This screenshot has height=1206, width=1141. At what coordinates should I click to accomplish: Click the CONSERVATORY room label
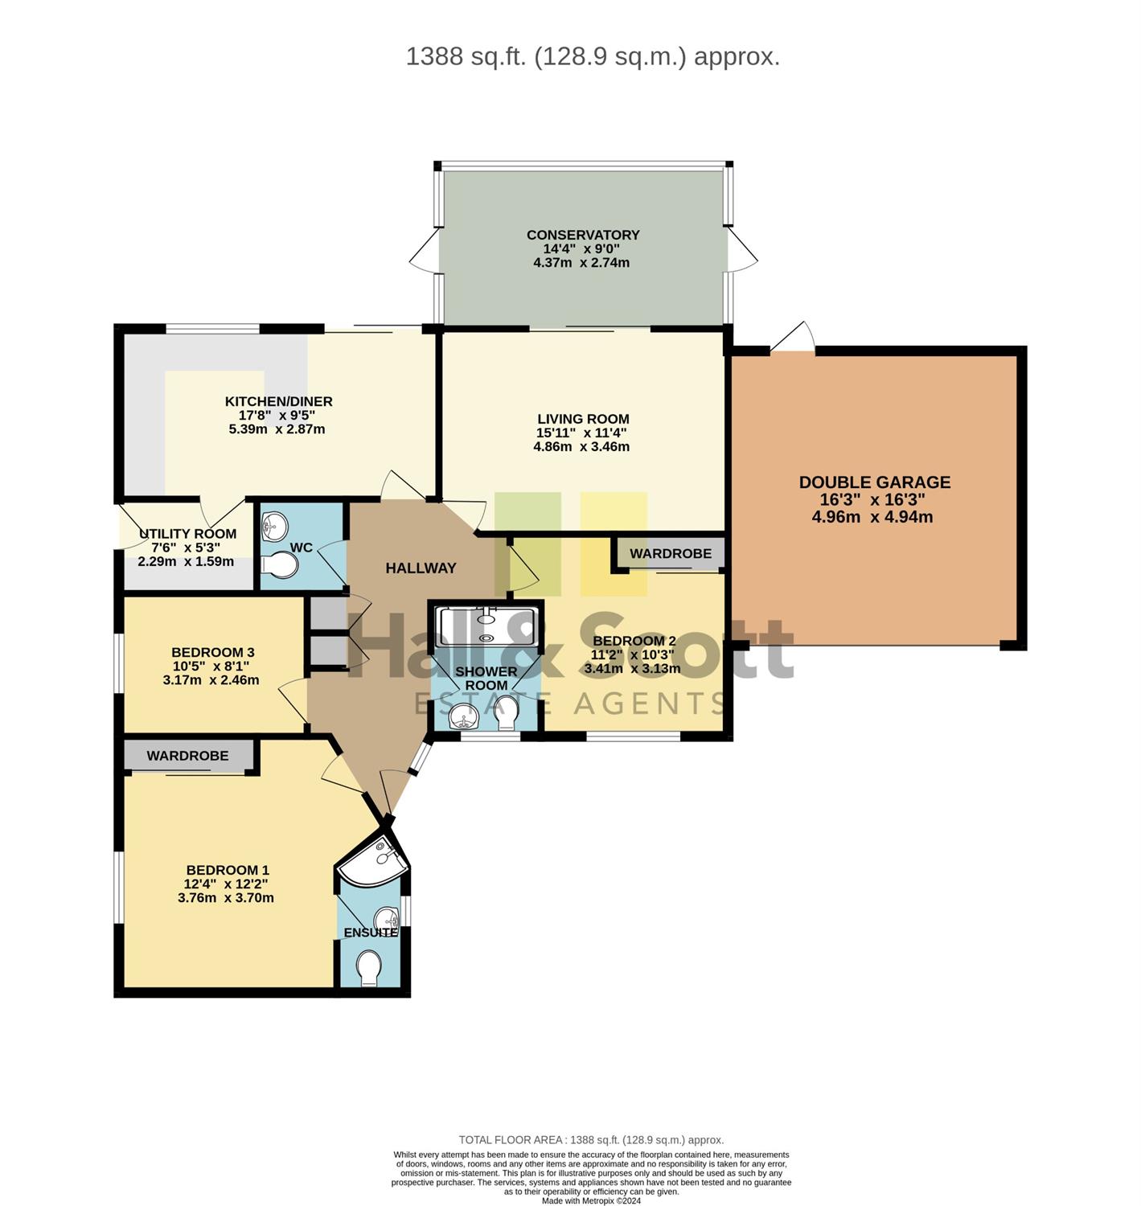(x=582, y=235)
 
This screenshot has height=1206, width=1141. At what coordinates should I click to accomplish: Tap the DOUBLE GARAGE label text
(x=873, y=482)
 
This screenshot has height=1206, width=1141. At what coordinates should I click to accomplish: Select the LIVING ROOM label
(x=582, y=419)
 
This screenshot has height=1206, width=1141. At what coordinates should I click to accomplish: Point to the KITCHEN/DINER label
(x=278, y=401)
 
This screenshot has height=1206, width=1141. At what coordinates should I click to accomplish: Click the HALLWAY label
(x=421, y=568)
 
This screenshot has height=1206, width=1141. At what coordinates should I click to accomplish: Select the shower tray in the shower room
(x=485, y=626)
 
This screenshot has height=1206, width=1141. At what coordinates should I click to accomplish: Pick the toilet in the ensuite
(x=369, y=969)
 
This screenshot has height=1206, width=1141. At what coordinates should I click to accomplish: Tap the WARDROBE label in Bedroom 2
(x=670, y=553)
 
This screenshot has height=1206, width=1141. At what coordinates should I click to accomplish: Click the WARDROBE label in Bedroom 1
(x=187, y=756)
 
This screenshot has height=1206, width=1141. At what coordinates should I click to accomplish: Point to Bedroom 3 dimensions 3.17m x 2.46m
(x=211, y=679)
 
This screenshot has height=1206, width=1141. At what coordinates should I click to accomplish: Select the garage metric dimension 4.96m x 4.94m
(x=872, y=516)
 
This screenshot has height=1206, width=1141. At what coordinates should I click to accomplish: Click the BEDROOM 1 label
(x=227, y=870)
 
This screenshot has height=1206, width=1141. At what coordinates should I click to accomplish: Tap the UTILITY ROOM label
(x=187, y=534)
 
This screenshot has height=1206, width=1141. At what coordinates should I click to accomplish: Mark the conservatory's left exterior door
(x=424, y=251)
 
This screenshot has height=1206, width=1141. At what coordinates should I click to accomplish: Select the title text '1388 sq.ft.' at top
(x=466, y=56)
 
